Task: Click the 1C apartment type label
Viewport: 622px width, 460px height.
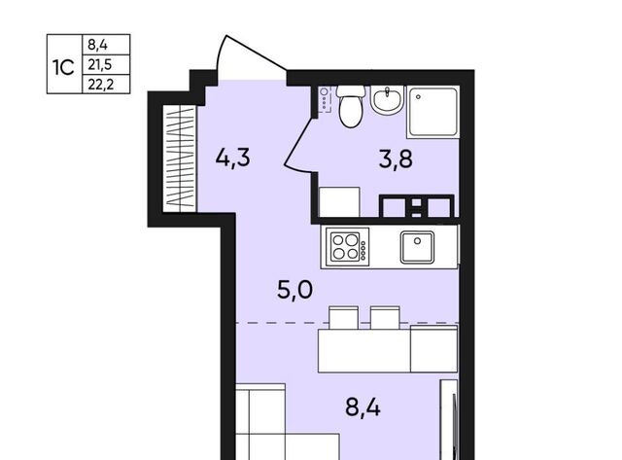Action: (x=63, y=67)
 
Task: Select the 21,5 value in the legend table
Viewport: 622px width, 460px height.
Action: (x=100, y=64)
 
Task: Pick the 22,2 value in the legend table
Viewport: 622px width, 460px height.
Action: (x=101, y=85)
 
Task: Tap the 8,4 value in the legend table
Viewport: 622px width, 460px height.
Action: (x=97, y=45)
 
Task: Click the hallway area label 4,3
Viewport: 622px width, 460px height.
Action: (x=233, y=158)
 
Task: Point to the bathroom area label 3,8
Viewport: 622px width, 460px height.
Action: (x=396, y=159)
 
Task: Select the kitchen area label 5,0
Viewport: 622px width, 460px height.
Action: (x=294, y=290)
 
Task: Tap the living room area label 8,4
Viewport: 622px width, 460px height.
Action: (x=363, y=407)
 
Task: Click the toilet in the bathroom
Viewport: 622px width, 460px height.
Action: (x=351, y=106)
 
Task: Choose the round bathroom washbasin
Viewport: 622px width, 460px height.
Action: (x=387, y=99)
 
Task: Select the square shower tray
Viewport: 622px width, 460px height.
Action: (x=433, y=112)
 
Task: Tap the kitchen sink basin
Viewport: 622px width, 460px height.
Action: (x=417, y=247)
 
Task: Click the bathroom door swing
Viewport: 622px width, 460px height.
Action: (x=298, y=143)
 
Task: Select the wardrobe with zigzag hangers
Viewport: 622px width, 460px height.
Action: (x=180, y=158)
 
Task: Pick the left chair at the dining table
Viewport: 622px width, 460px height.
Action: (x=343, y=318)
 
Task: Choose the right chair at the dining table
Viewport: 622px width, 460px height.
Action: (x=385, y=318)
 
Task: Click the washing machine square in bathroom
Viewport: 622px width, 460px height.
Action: (x=339, y=202)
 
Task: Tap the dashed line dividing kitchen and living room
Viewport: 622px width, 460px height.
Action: (x=348, y=323)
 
